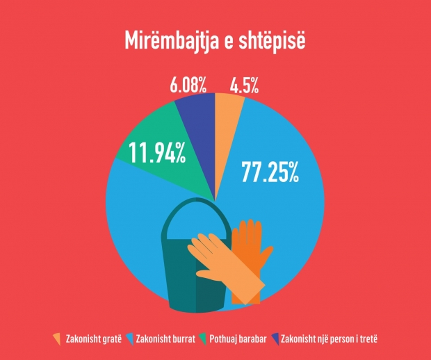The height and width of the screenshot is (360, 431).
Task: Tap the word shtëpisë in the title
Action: point(275,39)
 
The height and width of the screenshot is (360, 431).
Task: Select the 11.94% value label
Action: point(157,152)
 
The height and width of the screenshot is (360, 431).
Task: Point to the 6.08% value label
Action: point(188,86)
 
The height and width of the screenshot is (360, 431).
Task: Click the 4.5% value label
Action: point(244,86)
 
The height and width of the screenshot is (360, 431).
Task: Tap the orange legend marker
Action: point(57,338)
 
